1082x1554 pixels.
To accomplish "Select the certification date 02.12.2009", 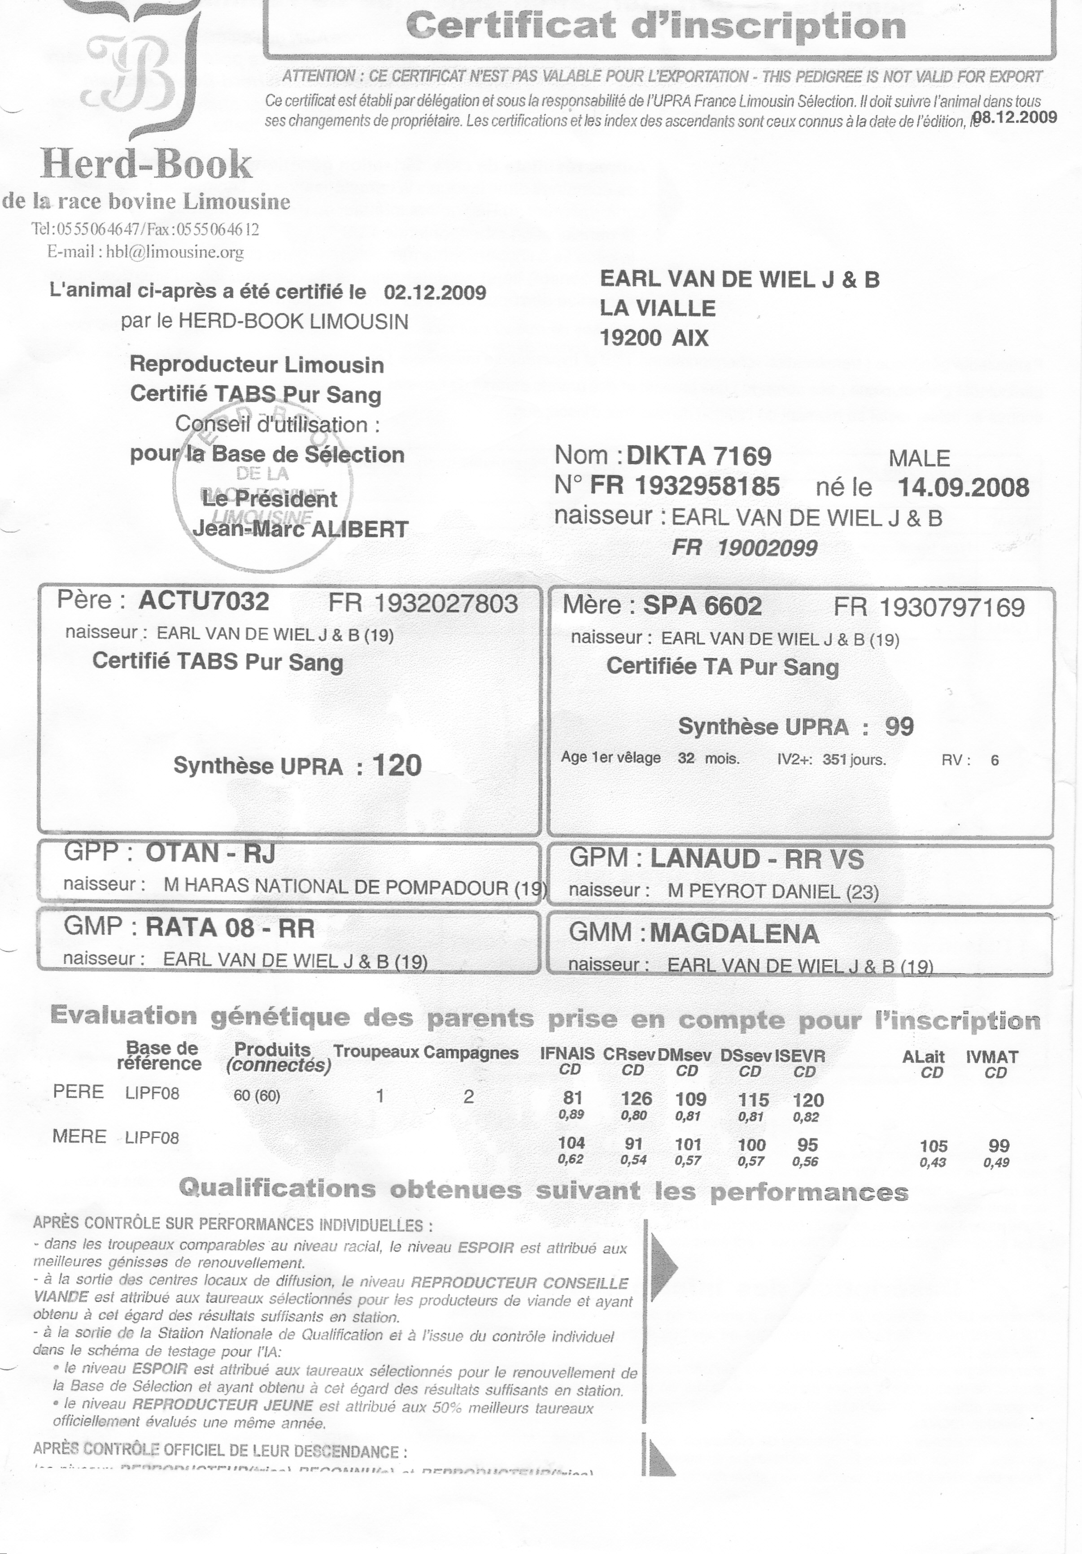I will pyautogui.click(x=435, y=292).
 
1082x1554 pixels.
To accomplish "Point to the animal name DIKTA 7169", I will pyautogui.click(x=699, y=456).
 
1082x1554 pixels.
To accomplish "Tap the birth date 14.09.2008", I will pyautogui.click(x=963, y=488).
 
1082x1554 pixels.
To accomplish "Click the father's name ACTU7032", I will pyautogui.click(x=204, y=601).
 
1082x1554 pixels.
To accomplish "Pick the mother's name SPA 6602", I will pyautogui.click(x=702, y=606).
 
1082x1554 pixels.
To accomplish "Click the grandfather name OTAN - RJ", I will pyautogui.click(x=210, y=853).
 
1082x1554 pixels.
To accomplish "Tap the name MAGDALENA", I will pyautogui.click(x=734, y=934).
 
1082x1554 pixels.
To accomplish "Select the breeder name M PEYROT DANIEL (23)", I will pyautogui.click(x=772, y=892).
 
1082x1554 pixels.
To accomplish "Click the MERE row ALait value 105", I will pyautogui.click(x=933, y=1146).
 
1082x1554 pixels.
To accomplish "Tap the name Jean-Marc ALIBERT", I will pyautogui.click(x=301, y=529).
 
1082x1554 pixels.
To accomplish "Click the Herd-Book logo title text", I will pyautogui.click(x=146, y=165).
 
